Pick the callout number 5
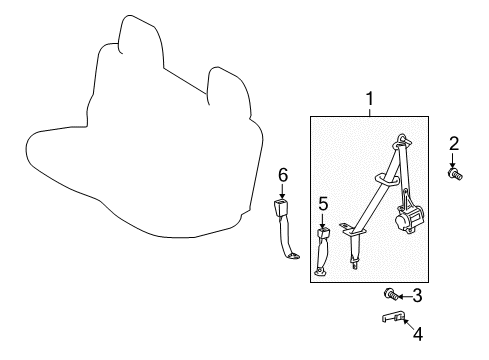click(323, 203)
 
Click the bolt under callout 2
click(455, 175)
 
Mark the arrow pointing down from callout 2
click(454, 161)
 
